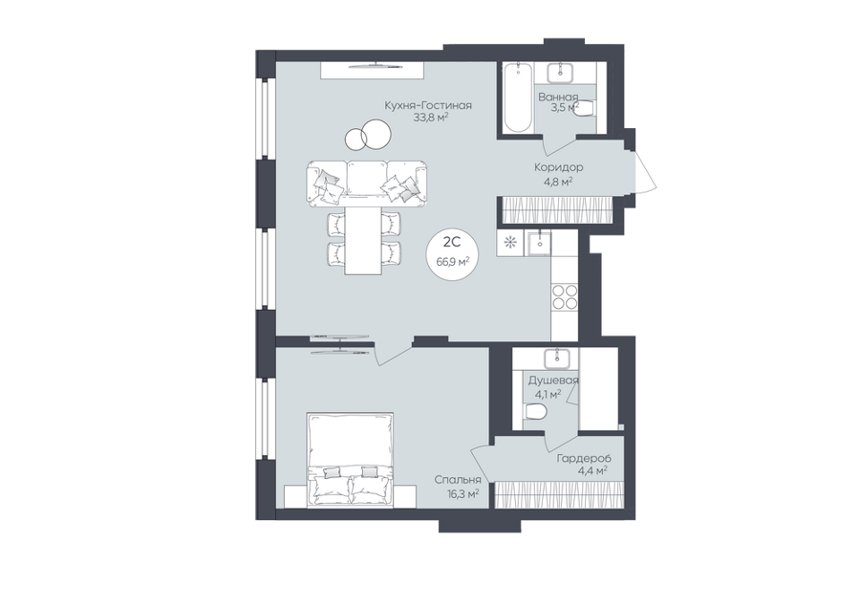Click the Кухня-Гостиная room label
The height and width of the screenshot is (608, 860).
[x=428, y=105]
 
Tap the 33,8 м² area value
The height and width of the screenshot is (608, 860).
[x=431, y=117]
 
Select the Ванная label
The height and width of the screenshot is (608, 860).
[x=558, y=98]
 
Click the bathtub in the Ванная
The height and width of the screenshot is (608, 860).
[x=517, y=98]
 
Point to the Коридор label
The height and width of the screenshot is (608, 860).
[x=558, y=166]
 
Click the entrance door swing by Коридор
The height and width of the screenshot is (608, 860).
[x=645, y=170]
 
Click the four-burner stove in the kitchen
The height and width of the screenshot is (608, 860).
[x=565, y=297]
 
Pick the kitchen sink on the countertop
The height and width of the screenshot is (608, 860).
[x=539, y=243]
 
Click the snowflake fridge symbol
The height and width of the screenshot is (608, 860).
[x=510, y=242]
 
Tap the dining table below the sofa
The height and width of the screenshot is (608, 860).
[x=363, y=240]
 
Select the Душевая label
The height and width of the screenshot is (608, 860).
[x=553, y=380]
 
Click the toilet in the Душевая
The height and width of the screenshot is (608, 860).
[x=534, y=411]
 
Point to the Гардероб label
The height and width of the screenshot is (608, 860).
[x=584, y=458]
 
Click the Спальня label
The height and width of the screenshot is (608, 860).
[x=458, y=480]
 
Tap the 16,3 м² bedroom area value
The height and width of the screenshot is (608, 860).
[x=462, y=493]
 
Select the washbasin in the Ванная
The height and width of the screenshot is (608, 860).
[x=560, y=73]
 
